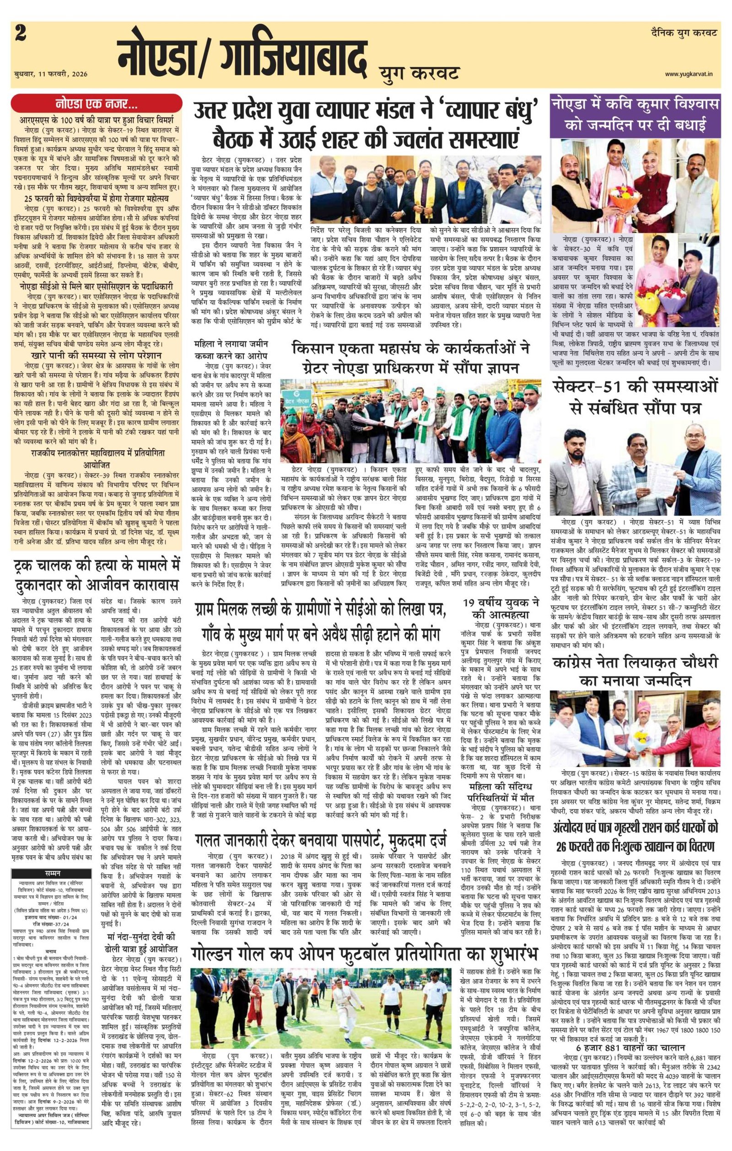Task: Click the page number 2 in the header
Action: tap(21, 34)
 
